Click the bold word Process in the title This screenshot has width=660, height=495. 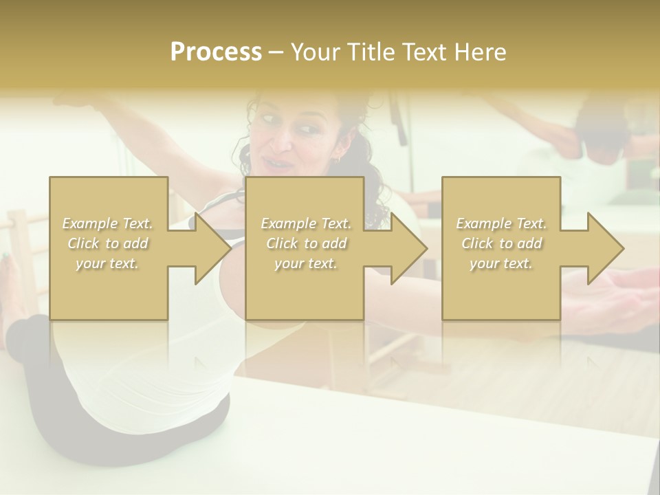[x=216, y=52]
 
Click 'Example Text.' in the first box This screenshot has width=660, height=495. [x=108, y=224]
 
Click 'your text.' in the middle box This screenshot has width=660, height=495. [x=305, y=264]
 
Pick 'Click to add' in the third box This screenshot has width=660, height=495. [x=501, y=244]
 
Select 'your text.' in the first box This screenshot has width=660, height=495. [x=108, y=264]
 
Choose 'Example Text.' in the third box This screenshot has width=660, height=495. [x=501, y=224]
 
